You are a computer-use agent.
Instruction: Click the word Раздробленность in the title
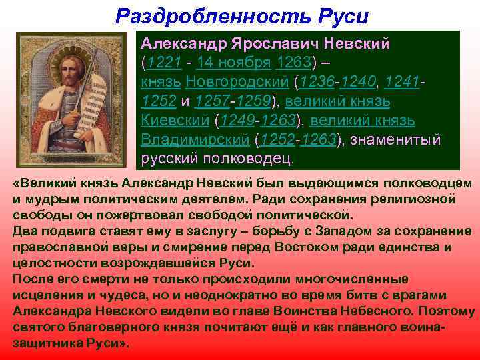coord(204,15)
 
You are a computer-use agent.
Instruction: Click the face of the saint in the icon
coord(73,69)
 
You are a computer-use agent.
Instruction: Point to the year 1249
coord(234,121)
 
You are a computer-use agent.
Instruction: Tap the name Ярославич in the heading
coord(275,43)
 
